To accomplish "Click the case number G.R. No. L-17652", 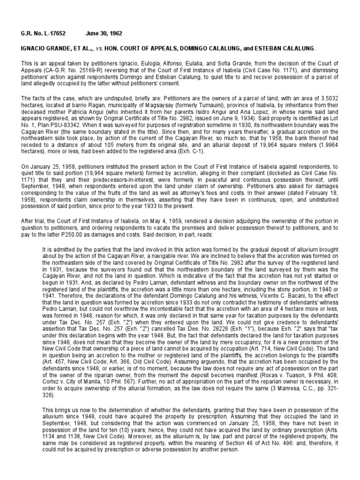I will [x=42, y=34].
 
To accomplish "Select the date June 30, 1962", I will [x=104, y=34].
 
